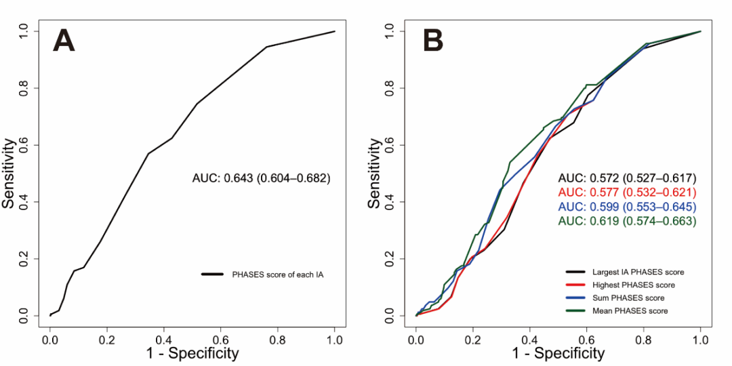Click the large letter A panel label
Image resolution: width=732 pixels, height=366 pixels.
64,41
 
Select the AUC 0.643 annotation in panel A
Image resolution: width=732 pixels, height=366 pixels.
261,179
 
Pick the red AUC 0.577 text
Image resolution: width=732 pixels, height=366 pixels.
627,192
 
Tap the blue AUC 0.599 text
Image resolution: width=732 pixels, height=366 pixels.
627,207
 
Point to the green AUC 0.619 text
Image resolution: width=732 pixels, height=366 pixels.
627,221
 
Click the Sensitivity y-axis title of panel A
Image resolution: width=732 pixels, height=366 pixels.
10,174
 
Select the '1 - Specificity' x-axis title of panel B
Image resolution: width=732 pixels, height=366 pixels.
558,353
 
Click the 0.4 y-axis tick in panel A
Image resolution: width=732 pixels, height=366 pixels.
24,202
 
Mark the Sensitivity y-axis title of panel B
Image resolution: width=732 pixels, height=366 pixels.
374,174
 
